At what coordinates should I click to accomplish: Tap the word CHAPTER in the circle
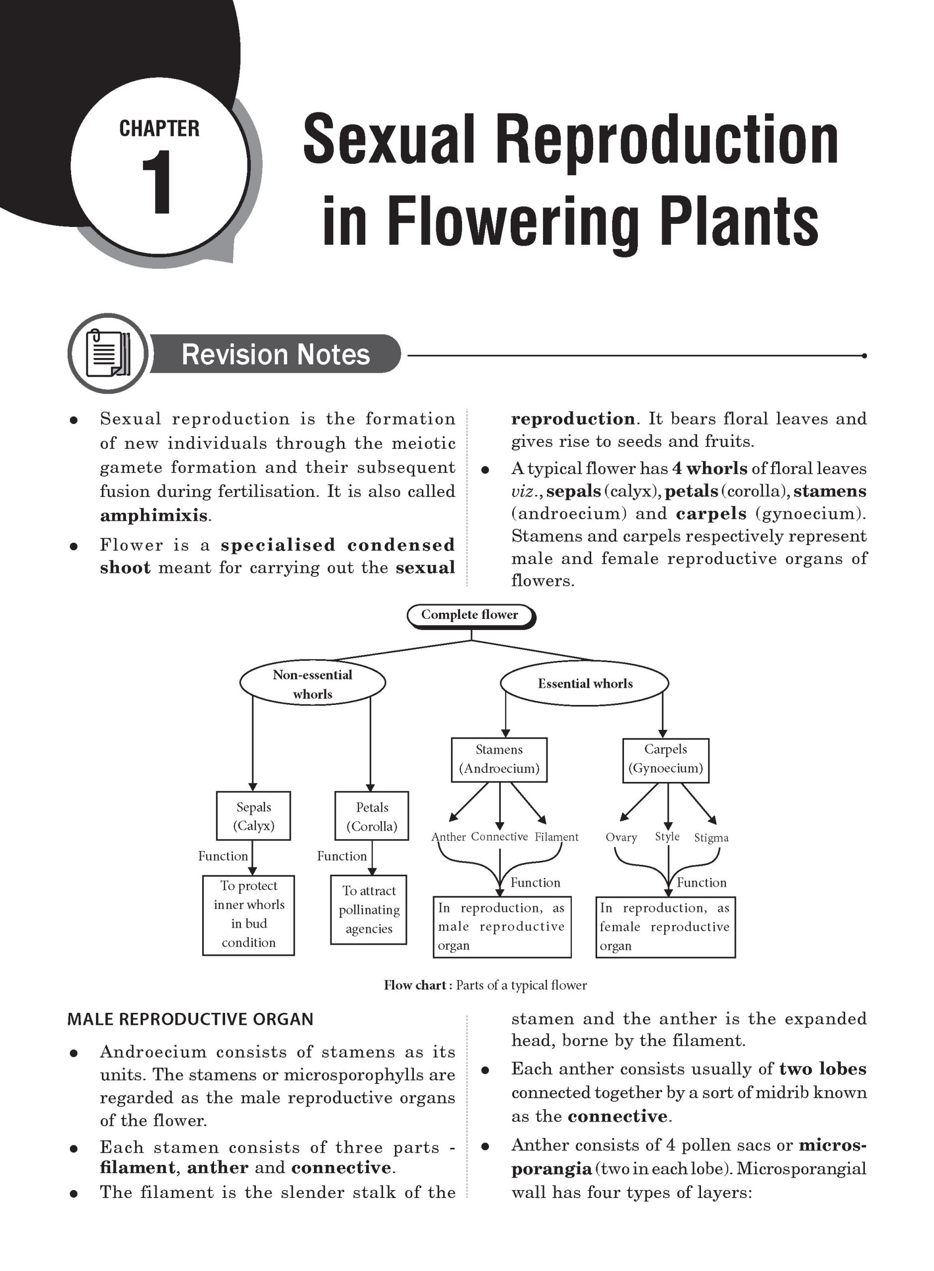159,129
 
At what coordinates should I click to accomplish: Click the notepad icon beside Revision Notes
107,353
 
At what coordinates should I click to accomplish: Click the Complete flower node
470,615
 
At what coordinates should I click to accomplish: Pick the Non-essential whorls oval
312,684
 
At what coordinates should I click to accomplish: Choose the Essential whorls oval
585,684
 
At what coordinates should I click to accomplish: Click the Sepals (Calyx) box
253,816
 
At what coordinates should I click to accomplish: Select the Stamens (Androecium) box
499,759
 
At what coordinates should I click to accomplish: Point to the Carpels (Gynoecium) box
665,759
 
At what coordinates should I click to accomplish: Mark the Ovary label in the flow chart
621,838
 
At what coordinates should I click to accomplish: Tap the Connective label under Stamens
499,837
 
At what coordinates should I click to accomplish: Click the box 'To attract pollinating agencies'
369,910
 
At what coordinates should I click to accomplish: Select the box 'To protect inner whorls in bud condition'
249,914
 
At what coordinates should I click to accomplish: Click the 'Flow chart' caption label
415,985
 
